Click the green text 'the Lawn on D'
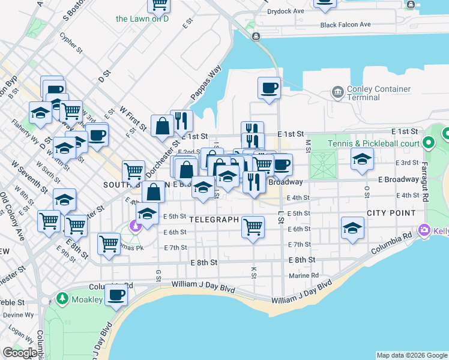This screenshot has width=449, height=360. click(x=142, y=19)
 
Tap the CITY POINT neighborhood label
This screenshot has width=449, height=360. click(x=391, y=213)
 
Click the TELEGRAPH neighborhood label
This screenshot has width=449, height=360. click(x=214, y=220)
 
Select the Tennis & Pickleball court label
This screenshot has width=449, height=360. click(x=373, y=143)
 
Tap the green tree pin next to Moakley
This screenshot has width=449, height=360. click(x=62, y=298)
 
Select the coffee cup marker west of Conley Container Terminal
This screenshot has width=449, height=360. click(x=269, y=88)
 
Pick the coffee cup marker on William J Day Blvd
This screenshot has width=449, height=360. click(x=116, y=295)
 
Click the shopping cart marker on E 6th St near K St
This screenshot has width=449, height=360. click(x=253, y=227)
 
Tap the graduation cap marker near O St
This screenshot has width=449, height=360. click(x=363, y=159)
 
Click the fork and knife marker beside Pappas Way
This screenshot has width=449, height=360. click(x=181, y=121)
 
